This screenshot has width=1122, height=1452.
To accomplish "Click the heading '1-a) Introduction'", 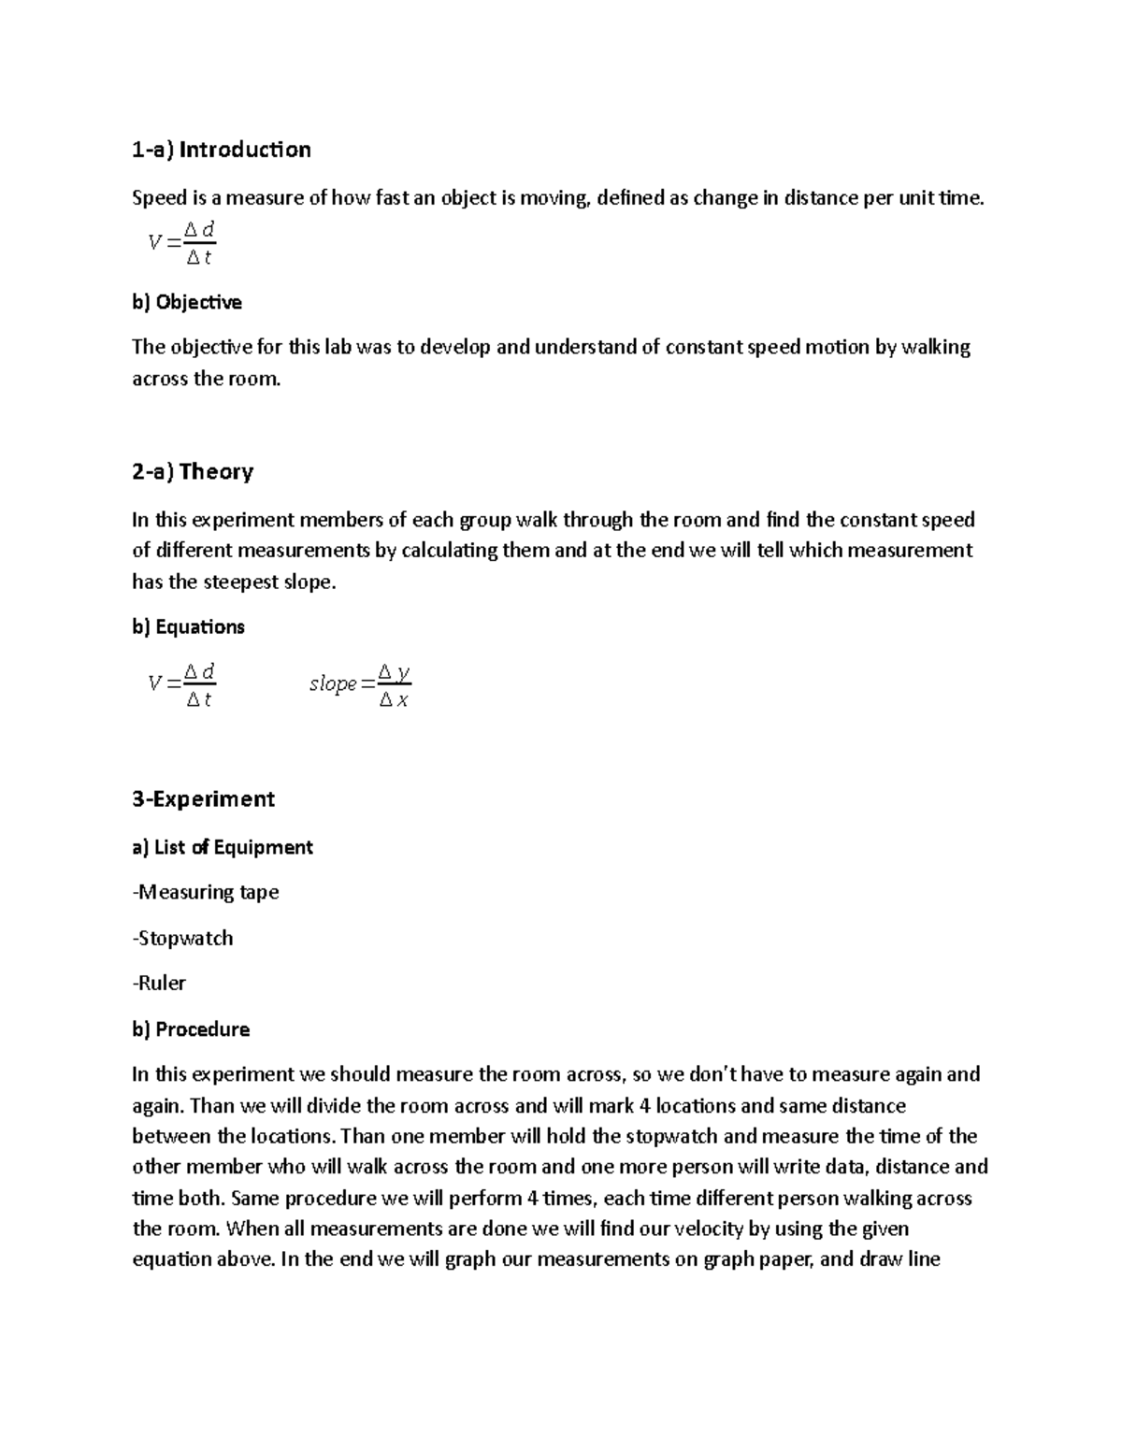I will coord(222,150).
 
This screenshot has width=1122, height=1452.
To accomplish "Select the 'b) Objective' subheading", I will coord(187,302).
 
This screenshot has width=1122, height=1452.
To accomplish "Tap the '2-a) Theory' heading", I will coord(193,471).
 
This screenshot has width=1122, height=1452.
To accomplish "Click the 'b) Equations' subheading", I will coord(188,626).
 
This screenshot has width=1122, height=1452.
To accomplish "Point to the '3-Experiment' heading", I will coord(203,798).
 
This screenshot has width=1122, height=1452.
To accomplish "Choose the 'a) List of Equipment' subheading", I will coord(223,847).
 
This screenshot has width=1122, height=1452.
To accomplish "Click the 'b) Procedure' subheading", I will coord(191,1029).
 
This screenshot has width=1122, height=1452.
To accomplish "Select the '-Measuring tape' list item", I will coord(206,892).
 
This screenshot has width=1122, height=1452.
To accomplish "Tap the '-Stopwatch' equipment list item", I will coord(182,938).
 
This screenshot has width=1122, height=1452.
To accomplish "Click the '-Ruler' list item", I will coord(159,983).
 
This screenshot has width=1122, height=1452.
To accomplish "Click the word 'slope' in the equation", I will coord(333,684).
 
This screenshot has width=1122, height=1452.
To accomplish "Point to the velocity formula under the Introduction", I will coord(181,243).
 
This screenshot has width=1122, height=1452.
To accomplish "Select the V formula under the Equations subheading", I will coord(181,685).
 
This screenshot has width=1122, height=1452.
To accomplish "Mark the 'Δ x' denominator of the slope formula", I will coord(394,700).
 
